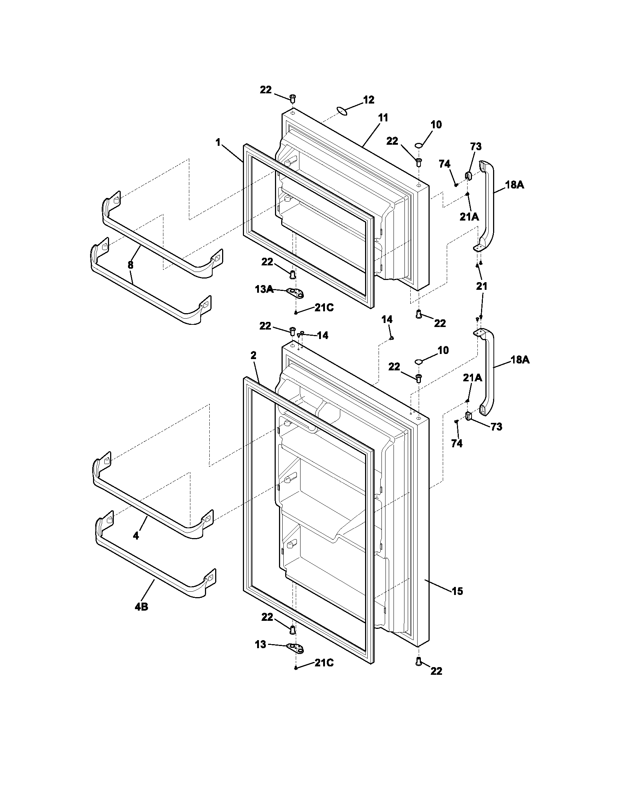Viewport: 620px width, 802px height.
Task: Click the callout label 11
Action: [x=383, y=118]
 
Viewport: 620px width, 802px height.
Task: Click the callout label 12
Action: [x=368, y=100]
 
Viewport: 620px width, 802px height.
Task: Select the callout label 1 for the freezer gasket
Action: [x=218, y=143]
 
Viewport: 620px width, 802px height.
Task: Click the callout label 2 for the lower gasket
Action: [x=253, y=355]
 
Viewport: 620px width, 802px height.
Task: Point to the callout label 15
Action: [x=457, y=591]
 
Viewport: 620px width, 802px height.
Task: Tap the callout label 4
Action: [x=136, y=536]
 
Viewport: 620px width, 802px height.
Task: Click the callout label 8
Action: [x=131, y=265]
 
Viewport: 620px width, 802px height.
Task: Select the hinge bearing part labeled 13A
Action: [x=297, y=292]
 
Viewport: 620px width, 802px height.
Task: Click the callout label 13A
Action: [x=264, y=289]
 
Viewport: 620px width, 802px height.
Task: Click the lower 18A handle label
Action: [x=520, y=360]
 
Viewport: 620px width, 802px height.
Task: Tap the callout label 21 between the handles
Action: [x=481, y=286]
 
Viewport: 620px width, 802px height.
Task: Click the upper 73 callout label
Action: [x=476, y=147]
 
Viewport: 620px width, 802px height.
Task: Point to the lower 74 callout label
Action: [x=457, y=444]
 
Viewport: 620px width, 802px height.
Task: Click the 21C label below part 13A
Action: [x=324, y=308]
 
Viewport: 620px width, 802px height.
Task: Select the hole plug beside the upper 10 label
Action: [x=418, y=146]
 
